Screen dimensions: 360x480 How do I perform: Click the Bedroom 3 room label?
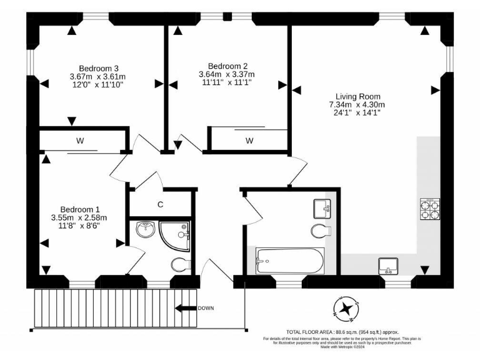[x=99, y=68]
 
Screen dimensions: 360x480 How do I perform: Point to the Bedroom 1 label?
[x=80, y=209]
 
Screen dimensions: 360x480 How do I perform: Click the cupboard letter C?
[x=161, y=204]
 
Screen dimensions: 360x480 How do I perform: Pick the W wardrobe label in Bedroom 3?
[x=80, y=141]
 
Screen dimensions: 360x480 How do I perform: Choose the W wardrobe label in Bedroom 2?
[x=249, y=141]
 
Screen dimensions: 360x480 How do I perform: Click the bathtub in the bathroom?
[x=290, y=261]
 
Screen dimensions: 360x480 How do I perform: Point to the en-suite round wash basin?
[x=146, y=231]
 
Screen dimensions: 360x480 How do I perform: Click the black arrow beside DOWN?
[x=186, y=308]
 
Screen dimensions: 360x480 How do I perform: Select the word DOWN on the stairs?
[x=206, y=308]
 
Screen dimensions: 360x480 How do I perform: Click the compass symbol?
[x=345, y=307]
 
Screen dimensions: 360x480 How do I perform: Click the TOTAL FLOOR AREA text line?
[x=342, y=332]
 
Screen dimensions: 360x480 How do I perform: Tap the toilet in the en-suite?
[x=179, y=264]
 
